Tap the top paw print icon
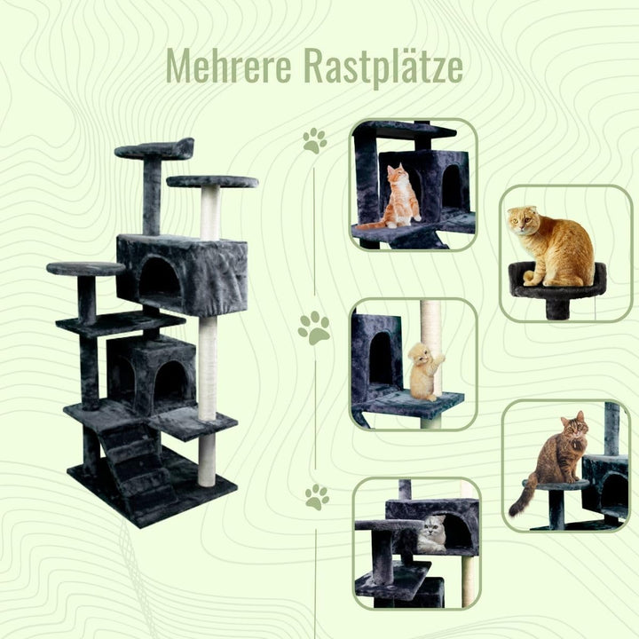[314, 141]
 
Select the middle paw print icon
[313, 328]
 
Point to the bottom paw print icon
[316, 497]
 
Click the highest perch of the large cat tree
[154, 149]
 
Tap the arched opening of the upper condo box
[160, 279]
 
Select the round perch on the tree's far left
[86, 269]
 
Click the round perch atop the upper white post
[212, 182]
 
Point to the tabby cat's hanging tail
[519, 498]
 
